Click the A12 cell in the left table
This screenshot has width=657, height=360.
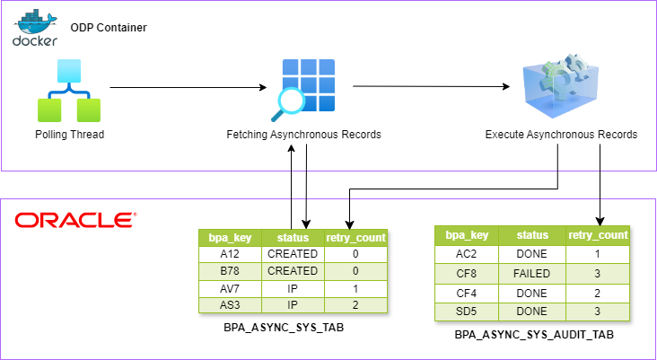click(231, 254)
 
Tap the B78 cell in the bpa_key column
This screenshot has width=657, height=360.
click(231, 271)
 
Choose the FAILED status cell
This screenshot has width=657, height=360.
click(531, 272)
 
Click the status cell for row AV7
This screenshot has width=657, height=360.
click(293, 288)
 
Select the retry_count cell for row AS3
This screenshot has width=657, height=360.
click(356, 305)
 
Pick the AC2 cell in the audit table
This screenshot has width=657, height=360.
click(467, 254)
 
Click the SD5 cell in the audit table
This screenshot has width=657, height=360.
click(467, 311)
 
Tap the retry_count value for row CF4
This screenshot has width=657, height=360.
click(598, 292)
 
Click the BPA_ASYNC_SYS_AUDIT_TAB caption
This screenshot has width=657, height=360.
click(535, 334)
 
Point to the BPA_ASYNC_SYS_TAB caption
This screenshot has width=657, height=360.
click(284, 328)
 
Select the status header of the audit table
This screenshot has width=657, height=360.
click(531, 235)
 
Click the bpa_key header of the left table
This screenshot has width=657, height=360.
click(231, 238)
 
